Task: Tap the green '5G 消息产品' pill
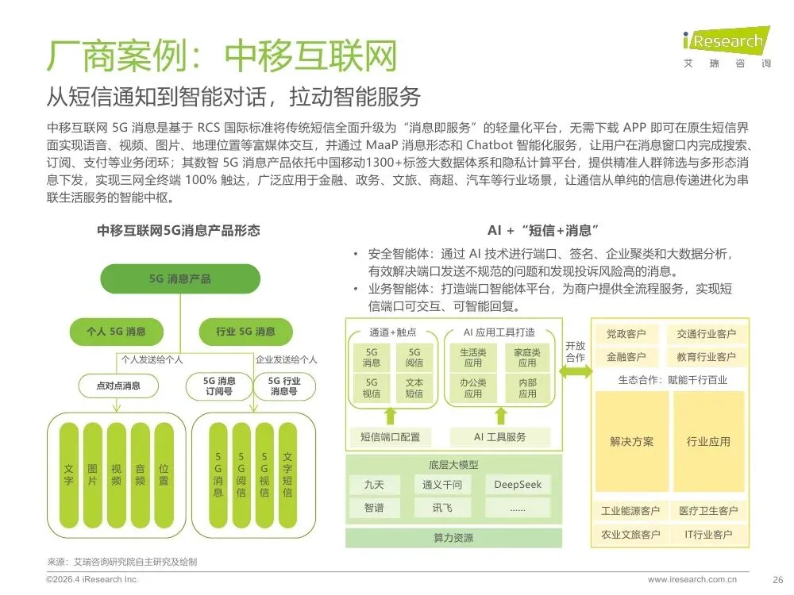pyautogui.click(x=180, y=278)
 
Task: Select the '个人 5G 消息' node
pyautogui.click(x=117, y=332)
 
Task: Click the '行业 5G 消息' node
pyautogui.click(x=245, y=332)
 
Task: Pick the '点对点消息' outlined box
pyautogui.click(x=118, y=386)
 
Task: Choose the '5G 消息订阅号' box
pyautogui.click(x=219, y=386)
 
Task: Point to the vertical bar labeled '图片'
pyautogui.click(x=93, y=475)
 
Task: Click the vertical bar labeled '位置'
pyautogui.click(x=164, y=475)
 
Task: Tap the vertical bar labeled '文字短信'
pyautogui.click(x=287, y=475)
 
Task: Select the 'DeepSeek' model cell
pyautogui.click(x=518, y=485)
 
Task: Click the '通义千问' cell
pyautogui.click(x=442, y=485)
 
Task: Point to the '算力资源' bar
pyautogui.click(x=453, y=538)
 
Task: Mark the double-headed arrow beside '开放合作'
pyautogui.click(x=576, y=372)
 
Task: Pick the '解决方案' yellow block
pyautogui.click(x=632, y=441)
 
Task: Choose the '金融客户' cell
pyautogui.click(x=626, y=357)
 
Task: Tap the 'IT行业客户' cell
pyautogui.click(x=708, y=534)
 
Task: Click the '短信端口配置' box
pyautogui.click(x=390, y=437)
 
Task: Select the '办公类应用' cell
pyautogui.click(x=473, y=388)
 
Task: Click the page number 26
pyautogui.click(x=778, y=580)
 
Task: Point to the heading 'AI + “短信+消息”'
pyautogui.click(x=543, y=231)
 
